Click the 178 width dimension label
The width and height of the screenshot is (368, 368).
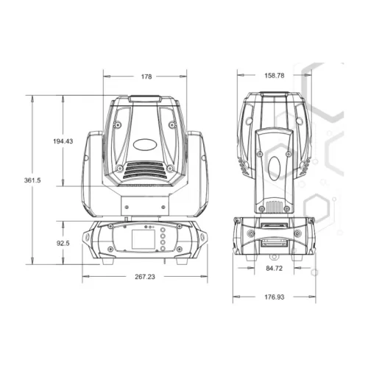pyautogui.click(x=146, y=77)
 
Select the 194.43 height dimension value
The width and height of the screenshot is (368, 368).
pyautogui.click(x=63, y=141)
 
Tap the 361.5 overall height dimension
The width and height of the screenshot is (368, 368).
pyautogui.click(x=32, y=180)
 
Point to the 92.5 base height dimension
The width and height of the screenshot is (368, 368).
pyautogui.click(x=63, y=243)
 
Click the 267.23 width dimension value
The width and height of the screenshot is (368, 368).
pyautogui.click(x=145, y=277)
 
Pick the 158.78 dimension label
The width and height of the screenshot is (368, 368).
pyautogui.click(x=275, y=76)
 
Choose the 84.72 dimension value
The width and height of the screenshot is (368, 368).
pyautogui.click(x=275, y=269)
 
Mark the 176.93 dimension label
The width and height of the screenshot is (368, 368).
pyautogui.click(x=275, y=297)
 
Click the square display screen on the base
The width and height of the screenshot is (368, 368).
pyautogui.click(x=144, y=239)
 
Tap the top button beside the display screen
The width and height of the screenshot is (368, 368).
pyautogui.click(x=163, y=230)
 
